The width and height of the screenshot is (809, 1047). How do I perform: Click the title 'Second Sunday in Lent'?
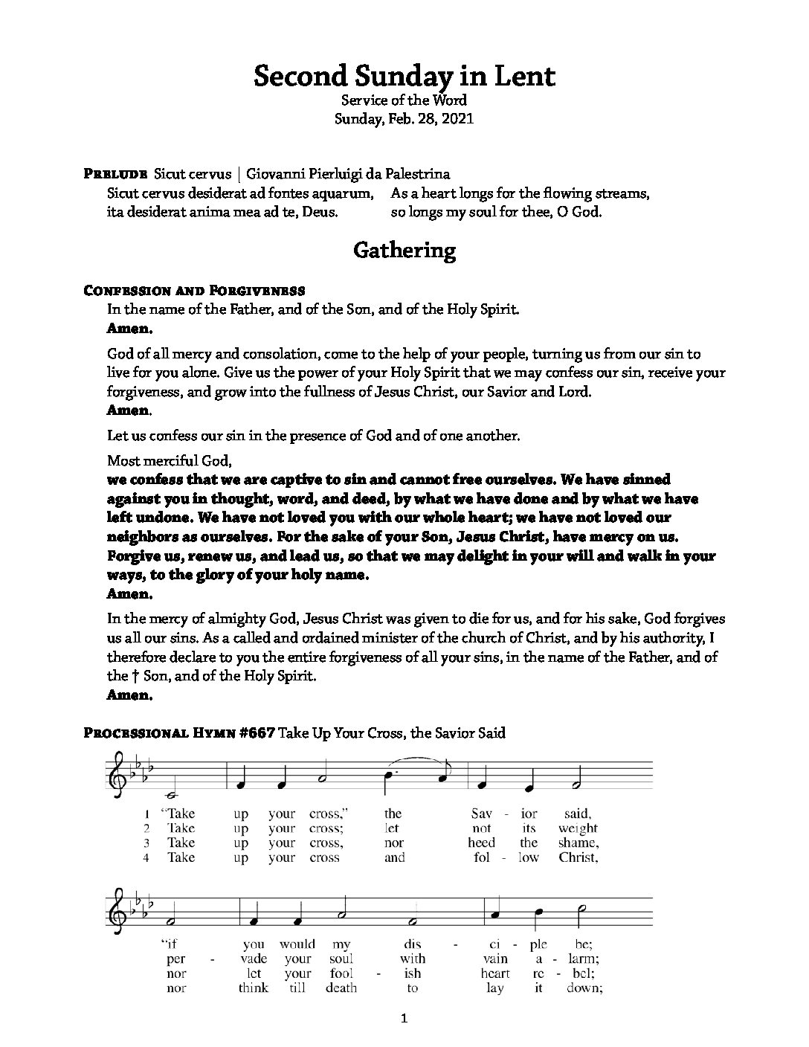[x=404, y=77]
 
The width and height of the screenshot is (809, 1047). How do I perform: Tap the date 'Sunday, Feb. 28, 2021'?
[x=404, y=118]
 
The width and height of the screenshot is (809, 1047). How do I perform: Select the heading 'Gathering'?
[x=404, y=251]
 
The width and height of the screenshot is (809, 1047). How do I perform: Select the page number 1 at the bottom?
[x=404, y=1019]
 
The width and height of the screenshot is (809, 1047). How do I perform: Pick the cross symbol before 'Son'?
[x=135, y=676]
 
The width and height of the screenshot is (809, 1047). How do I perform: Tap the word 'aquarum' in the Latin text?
[x=345, y=193]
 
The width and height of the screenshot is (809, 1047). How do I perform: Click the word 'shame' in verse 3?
[x=578, y=843]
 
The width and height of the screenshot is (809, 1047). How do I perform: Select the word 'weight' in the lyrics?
[x=577, y=828]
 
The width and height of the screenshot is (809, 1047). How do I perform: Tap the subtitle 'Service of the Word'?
[x=404, y=100]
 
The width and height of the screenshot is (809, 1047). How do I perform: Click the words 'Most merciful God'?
[x=159, y=460]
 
